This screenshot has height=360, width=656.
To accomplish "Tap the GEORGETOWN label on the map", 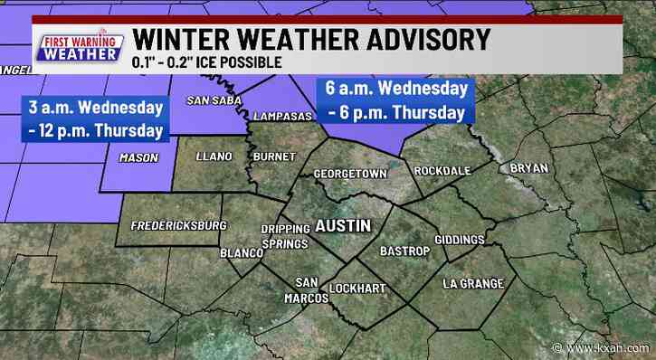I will click(x=349, y=173).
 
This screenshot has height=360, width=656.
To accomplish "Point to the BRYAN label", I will click(x=529, y=168).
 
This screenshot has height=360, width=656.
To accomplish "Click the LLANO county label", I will click(x=214, y=156).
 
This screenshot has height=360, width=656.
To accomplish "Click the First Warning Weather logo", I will click(x=78, y=47).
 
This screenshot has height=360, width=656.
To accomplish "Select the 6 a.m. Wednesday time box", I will click(x=396, y=99).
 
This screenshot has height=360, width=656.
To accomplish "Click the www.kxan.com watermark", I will click(x=617, y=348).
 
